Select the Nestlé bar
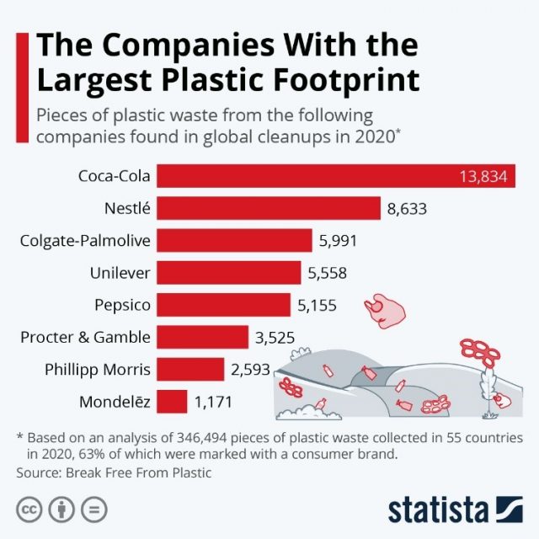coord(269,208)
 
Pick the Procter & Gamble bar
coord(202,338)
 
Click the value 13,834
coord(483,176)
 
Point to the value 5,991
coord(338,241)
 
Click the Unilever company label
coord(120,273)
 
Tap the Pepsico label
coord(122,305)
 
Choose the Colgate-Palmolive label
coord(85,241)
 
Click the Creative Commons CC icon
coord(31,510)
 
